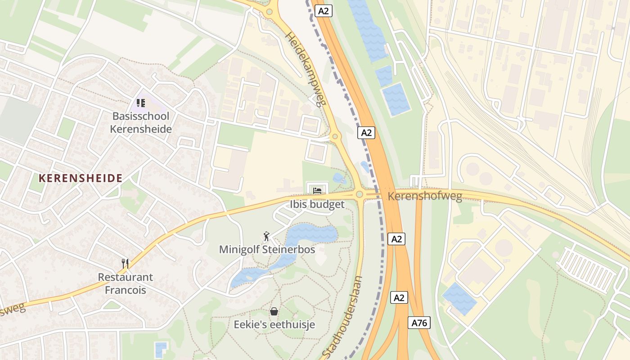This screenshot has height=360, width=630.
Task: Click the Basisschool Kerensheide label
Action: point(141,123)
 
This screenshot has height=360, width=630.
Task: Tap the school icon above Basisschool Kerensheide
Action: point(141,103)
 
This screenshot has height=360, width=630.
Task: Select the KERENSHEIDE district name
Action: point(81,178)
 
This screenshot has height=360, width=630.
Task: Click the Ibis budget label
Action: point(317,204)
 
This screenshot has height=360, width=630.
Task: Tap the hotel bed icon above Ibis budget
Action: point(317,190)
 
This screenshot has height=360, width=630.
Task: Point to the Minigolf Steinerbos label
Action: point(267,249)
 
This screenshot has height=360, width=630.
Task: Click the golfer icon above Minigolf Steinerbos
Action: point(266,236)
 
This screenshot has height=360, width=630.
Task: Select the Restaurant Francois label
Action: point(126,283)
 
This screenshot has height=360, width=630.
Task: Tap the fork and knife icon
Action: point(125,263)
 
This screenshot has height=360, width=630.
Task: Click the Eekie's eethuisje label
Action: point(274,324)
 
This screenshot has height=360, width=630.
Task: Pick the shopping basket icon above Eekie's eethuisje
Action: point(274,311)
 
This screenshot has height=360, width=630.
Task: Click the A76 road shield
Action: point(419,323)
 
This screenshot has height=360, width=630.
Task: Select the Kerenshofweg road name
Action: point(424,197)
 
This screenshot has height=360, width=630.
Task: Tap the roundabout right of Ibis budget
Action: point(359,194)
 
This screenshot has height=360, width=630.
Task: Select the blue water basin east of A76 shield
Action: point(459,298)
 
